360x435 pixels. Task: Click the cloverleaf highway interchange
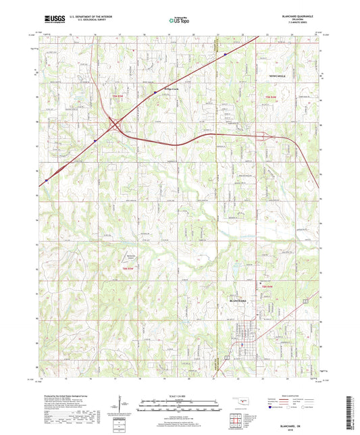115,126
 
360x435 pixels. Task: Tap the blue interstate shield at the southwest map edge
47,180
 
